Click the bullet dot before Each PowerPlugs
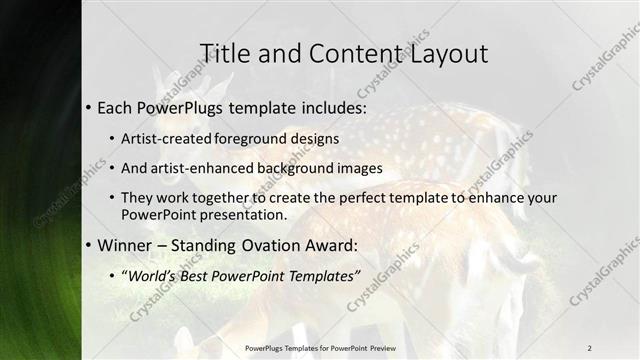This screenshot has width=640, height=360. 88,106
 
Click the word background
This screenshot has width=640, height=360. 296,168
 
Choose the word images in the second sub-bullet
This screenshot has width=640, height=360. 362,168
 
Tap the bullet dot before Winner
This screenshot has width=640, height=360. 88,245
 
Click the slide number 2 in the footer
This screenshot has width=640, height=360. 589,347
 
